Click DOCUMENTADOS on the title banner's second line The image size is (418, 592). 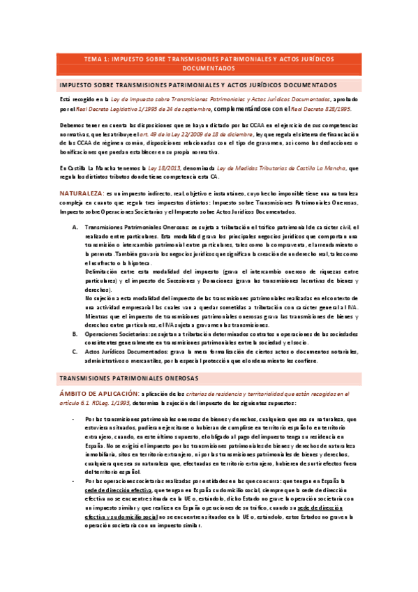[x=209, y=69]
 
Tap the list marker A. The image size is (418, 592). [x=75, y=228]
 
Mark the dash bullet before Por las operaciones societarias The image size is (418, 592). [x=75, y=482]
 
